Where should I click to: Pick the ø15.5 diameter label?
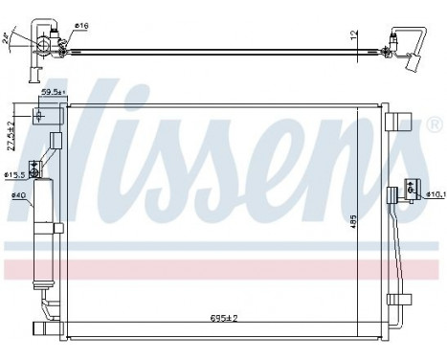14,175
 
